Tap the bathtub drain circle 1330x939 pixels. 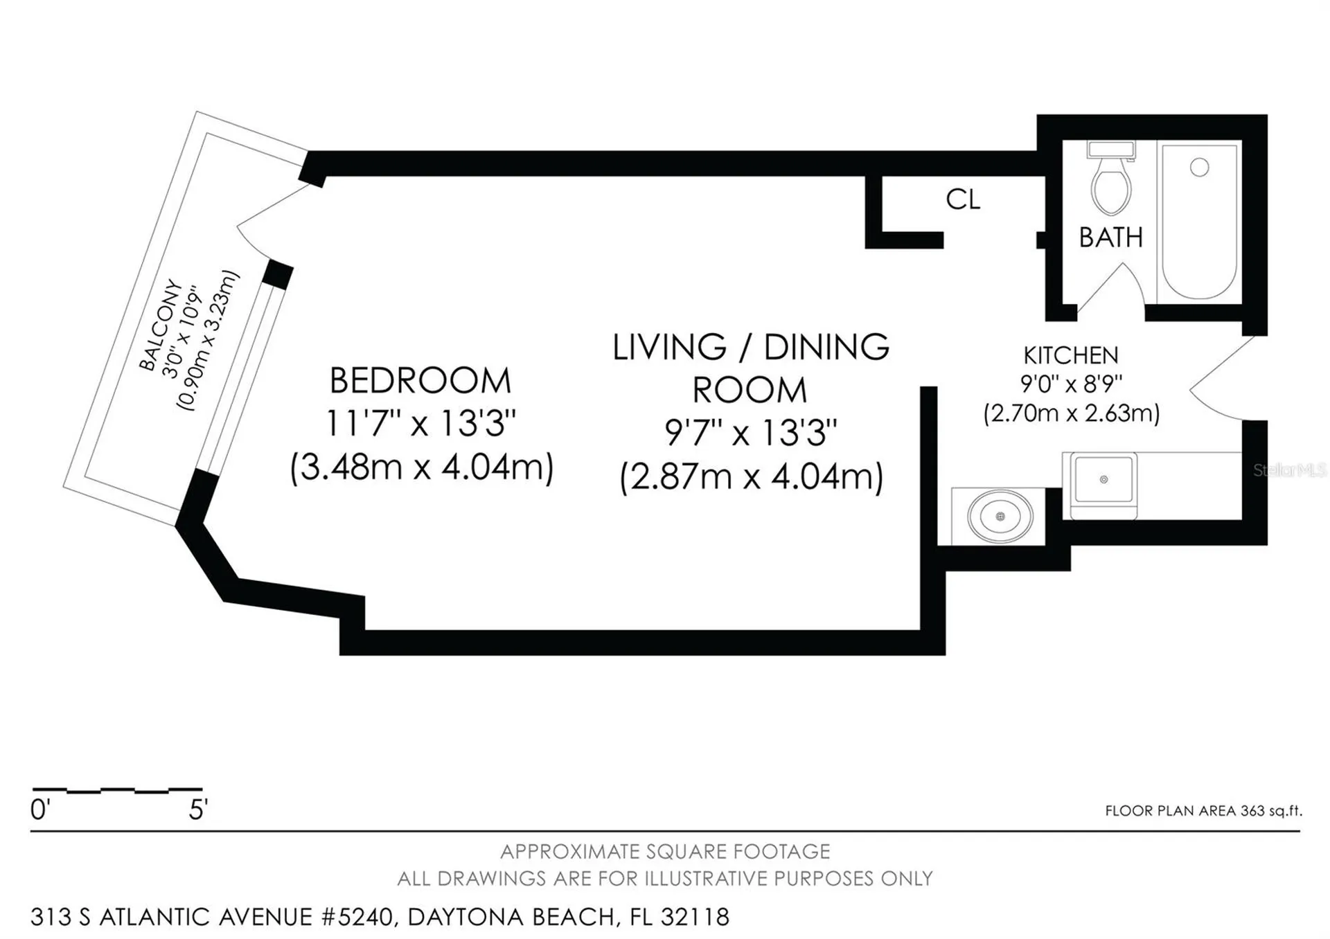[1200, 167]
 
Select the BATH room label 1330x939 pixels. [1111, 238]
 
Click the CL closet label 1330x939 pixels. [963, 199]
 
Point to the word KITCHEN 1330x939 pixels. [1071, 355]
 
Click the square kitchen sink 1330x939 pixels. [1103, 479]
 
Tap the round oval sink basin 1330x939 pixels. [1000, 517]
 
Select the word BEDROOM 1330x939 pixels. [420, 381]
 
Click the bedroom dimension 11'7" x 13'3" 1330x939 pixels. [420, 422]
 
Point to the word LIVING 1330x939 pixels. [670, 347]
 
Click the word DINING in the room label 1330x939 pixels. [826, 347]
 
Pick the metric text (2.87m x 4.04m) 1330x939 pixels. [752, 477]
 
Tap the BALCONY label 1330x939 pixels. [161, 325]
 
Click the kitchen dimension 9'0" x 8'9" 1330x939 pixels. [1071, 384]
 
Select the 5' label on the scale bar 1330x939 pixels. [198, 810]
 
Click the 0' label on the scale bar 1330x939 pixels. [40, 810]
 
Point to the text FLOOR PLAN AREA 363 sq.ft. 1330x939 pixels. [1203, 811]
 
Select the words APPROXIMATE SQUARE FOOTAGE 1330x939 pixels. [665, 851]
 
